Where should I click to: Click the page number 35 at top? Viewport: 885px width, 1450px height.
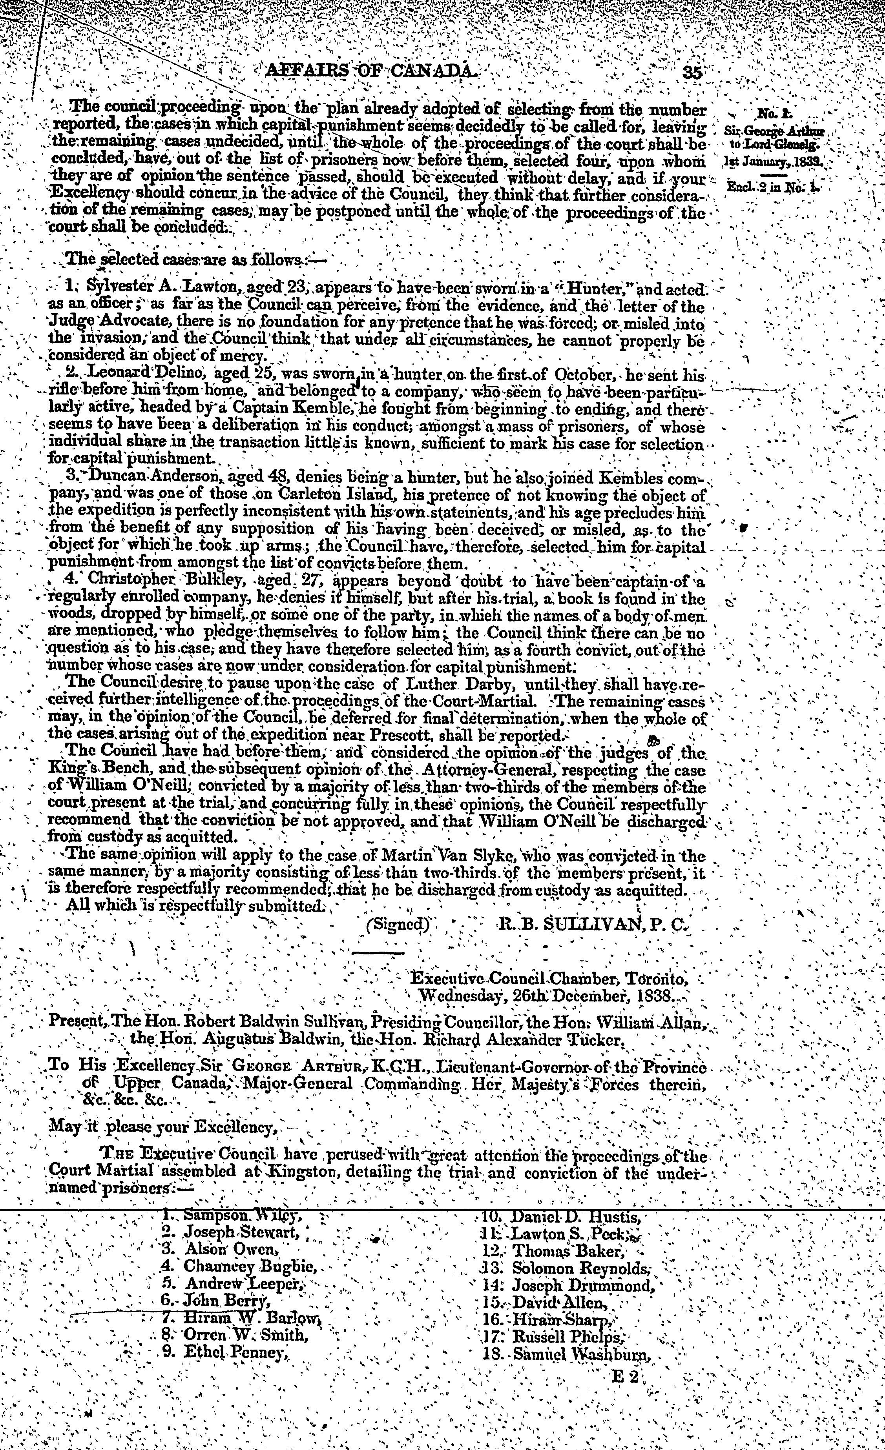coord(692,72)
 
